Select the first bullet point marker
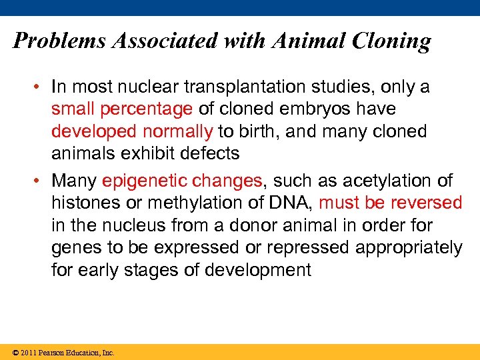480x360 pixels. (41, 87)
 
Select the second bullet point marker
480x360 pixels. (41, 181)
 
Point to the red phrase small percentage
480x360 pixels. (122, 109)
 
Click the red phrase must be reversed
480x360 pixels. (391, 203)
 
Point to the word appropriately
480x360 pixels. (409, 247)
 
